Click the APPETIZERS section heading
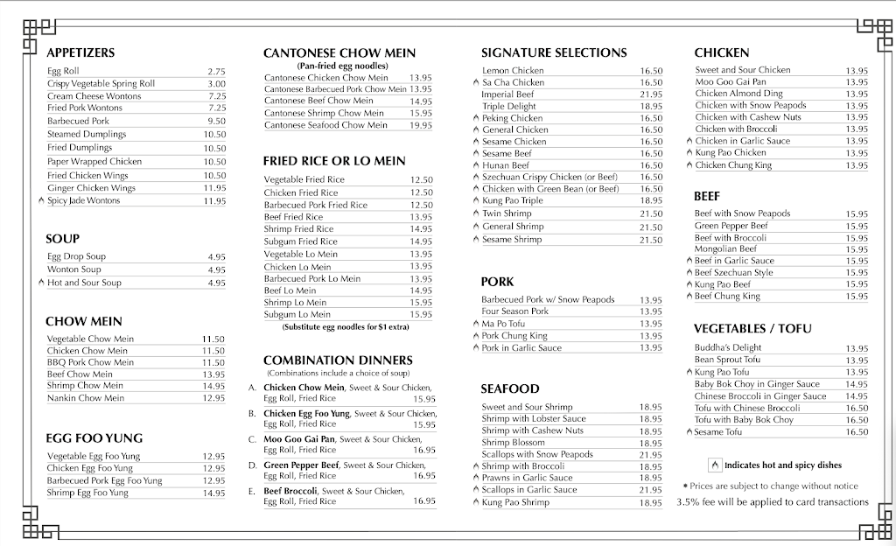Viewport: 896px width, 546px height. click(x=80, y=52)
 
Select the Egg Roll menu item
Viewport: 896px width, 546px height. click(x=63, y=71)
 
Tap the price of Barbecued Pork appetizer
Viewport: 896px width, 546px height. click(x=216, y=121)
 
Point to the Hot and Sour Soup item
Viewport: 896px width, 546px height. click(x=84, y=283)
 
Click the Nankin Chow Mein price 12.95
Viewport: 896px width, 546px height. click(x=213, y=398)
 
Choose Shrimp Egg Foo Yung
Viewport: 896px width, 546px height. click(x=87, y=493)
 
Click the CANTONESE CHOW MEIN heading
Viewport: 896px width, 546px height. click(x=339, y=53)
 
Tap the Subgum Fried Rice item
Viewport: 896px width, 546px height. click(x=300, y=241)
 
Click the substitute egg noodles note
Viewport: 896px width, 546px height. click(x=347, y=326)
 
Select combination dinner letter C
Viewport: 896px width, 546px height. click(x=252, y=439)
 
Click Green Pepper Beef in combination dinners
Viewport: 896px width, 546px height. click(x=302, y=465)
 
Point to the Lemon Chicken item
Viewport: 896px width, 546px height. click(x=513, y=71)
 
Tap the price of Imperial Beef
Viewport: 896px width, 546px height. click(x=650, y=94)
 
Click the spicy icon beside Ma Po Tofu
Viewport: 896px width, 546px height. click(x=476, y=325)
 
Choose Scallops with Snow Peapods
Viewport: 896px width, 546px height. click(x=537, y=454)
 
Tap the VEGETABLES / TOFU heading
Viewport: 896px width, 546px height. click(x=752, y=329)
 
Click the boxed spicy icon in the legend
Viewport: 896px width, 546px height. click(x=715, y=465)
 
